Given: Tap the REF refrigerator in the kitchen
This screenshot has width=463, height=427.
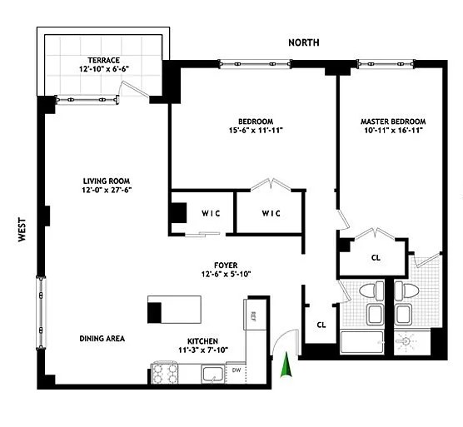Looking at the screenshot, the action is [255, 315].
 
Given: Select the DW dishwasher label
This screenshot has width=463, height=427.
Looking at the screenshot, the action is [236, 370].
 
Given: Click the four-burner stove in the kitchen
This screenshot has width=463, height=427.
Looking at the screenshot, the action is [164, 373].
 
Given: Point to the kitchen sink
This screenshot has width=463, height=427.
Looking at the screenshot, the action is [213, 375].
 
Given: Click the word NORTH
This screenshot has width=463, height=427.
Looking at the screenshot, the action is [304, 42].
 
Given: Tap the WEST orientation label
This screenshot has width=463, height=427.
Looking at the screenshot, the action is [22, 230].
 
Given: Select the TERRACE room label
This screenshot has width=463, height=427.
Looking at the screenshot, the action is [103, 60].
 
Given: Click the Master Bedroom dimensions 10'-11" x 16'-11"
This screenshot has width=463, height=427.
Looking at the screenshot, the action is [393, 130].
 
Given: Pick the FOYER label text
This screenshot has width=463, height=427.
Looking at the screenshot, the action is [226, 265].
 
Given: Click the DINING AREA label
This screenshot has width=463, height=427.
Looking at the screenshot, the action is [102, 339].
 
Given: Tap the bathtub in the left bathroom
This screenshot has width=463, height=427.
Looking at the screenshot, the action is [362, 342].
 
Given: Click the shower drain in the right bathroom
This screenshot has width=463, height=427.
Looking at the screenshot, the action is [406, 341].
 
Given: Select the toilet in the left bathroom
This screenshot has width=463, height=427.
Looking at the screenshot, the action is [371, 289].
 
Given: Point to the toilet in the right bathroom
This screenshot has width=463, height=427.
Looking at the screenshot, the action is [407, 289].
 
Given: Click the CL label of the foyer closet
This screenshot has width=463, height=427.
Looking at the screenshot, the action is [321, 325].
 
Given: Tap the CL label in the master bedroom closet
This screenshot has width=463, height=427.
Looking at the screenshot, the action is [376, 258].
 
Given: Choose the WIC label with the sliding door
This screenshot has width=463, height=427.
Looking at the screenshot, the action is [211, 213].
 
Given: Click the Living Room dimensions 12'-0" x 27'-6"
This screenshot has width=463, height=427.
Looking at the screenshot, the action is [107, 190].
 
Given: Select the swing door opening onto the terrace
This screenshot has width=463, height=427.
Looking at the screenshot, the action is [134, 88].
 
